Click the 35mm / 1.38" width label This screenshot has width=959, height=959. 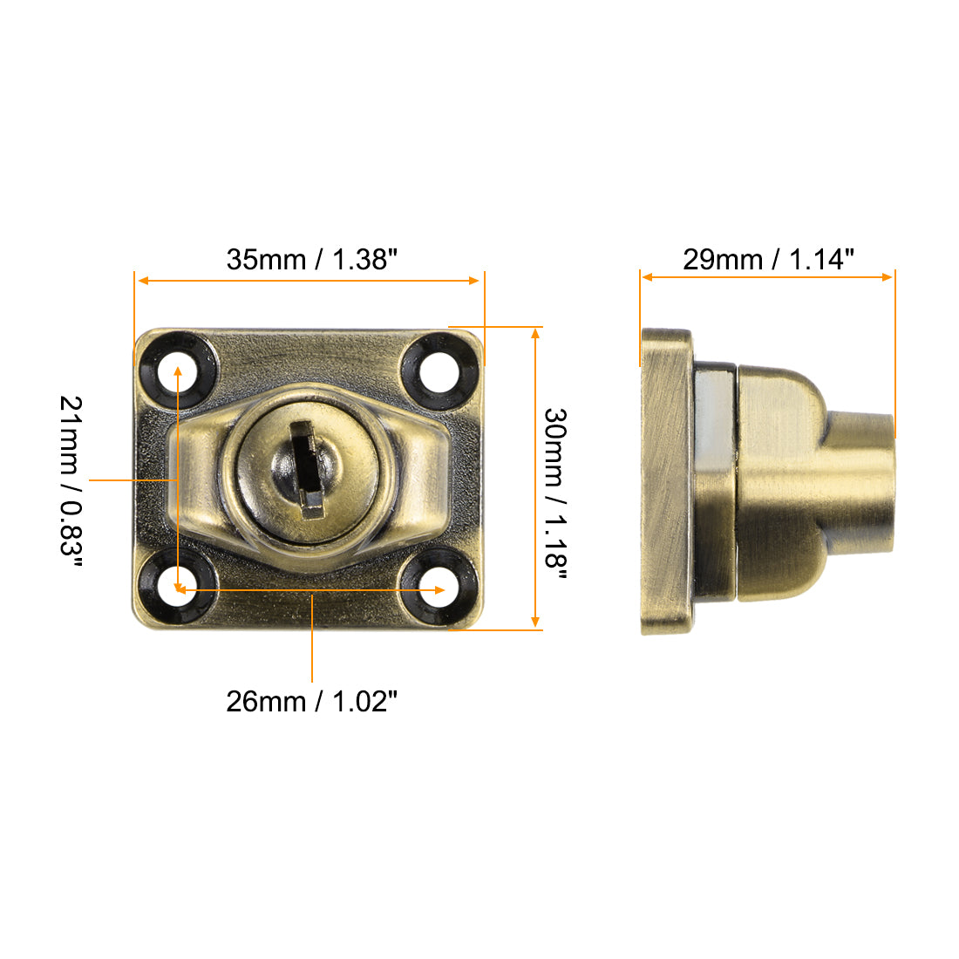click(311, 259)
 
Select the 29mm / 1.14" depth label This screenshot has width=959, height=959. click(768, 259)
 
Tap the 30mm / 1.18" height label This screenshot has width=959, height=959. click(555, 487)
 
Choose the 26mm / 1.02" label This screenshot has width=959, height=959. click(311, 701)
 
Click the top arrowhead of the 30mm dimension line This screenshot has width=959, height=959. click(535, 332)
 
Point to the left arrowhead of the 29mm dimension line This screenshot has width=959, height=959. click(646, 277)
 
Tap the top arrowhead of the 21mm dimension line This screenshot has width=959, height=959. click(178, 371)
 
